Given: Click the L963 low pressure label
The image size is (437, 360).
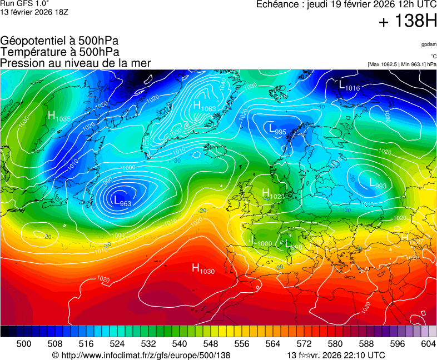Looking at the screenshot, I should [x=122, y=201].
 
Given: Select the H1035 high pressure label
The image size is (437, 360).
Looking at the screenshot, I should [x=58, y=117].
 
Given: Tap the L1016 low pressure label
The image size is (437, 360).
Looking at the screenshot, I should [x=349, y=86].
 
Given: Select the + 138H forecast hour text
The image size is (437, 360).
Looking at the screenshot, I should [x=408, y=22].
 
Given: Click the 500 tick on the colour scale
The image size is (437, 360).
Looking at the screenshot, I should [x=24, y=344].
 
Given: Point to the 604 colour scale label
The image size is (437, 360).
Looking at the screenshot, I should [x=429, y=344].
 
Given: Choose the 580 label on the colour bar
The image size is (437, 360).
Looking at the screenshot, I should [x=335, y=344].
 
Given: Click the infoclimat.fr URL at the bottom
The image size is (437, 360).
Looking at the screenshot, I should [x=141, y=355].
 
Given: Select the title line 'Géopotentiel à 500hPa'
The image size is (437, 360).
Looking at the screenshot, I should [x=59, y=41].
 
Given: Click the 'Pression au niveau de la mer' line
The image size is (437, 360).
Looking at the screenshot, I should [x=76, y=63].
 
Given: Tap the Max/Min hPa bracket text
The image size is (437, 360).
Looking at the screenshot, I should [x=402, y=64].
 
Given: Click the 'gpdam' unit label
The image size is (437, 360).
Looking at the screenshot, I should [x=429, y=44].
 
